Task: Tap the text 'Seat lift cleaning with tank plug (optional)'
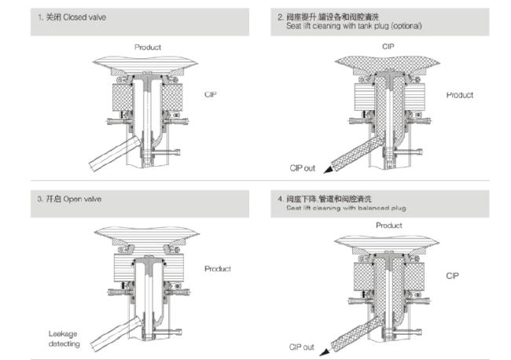coord(353,26)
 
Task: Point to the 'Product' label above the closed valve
coord(147,47)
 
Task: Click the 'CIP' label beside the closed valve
coord(210,94)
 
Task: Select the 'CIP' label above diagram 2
coord(388,47)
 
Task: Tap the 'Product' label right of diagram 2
coord(459,95)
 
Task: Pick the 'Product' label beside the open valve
coord(218,269)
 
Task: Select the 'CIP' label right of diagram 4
coord(452,276)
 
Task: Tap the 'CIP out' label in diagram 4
coord(301,347)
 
